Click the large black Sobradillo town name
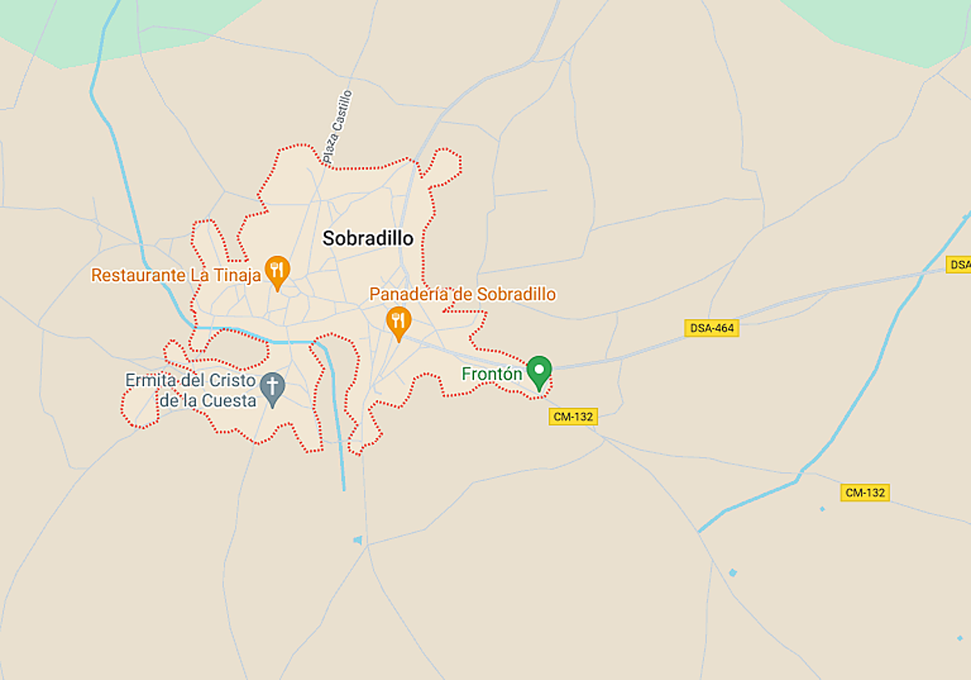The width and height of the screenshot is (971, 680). coord(368,239)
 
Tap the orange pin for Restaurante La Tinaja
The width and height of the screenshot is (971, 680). coord(278,272)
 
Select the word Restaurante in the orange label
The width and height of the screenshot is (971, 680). coord(138,275)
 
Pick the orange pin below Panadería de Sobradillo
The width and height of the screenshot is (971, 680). coord(397,321)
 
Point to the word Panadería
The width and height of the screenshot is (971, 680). coord(409,295)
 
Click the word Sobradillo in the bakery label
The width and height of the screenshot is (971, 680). coord(515,295)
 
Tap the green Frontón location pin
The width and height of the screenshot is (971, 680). coord(539,372)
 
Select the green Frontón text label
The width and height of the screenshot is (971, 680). coord(491,374)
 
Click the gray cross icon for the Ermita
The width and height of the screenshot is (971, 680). coord(273,389)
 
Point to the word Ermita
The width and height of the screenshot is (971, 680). coord(151,380)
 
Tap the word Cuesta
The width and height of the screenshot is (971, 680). coord(235,400)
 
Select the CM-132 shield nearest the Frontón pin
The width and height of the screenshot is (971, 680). coord(573,417)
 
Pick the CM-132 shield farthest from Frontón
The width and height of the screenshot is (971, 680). coord(865,492)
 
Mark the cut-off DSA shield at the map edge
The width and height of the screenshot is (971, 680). coord(958,265)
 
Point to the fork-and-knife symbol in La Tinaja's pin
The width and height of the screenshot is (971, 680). coord(278,268)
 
